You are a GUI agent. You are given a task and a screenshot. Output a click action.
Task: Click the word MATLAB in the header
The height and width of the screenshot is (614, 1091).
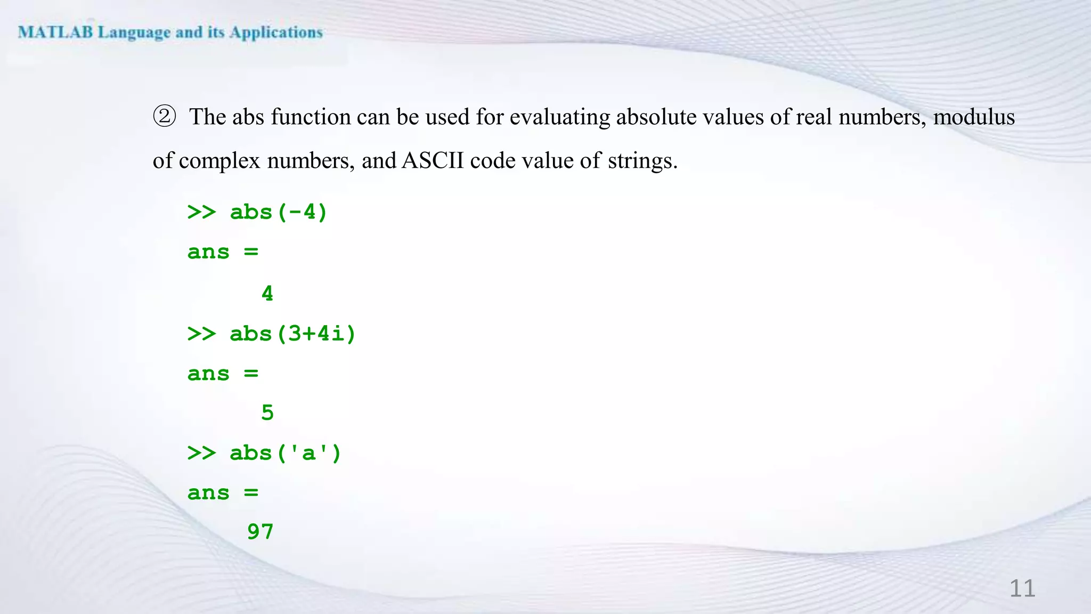pos(55,33)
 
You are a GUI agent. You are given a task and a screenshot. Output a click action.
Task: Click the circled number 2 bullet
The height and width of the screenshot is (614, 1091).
pos(164,116)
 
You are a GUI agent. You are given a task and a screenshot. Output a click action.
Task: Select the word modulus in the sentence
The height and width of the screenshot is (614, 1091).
pos(974,117)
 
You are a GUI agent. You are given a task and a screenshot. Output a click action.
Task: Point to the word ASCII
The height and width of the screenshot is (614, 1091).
pos(433,160)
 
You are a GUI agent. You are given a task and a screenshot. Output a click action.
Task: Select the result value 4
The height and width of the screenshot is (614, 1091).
pos(267,294)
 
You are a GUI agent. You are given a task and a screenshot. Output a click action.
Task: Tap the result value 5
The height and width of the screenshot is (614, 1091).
pos(267,413)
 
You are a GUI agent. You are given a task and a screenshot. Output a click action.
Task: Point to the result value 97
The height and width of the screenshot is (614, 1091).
pos(260,532)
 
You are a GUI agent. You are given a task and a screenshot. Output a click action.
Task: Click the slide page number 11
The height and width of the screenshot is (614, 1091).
pos(1022,588)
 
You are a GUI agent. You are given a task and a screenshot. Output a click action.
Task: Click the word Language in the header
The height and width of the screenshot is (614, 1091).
pos(134,33)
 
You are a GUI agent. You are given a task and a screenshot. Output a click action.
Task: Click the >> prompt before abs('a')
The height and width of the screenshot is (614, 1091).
pos(201,453)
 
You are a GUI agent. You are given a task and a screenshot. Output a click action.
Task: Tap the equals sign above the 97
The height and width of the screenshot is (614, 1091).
pos(251,492)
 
